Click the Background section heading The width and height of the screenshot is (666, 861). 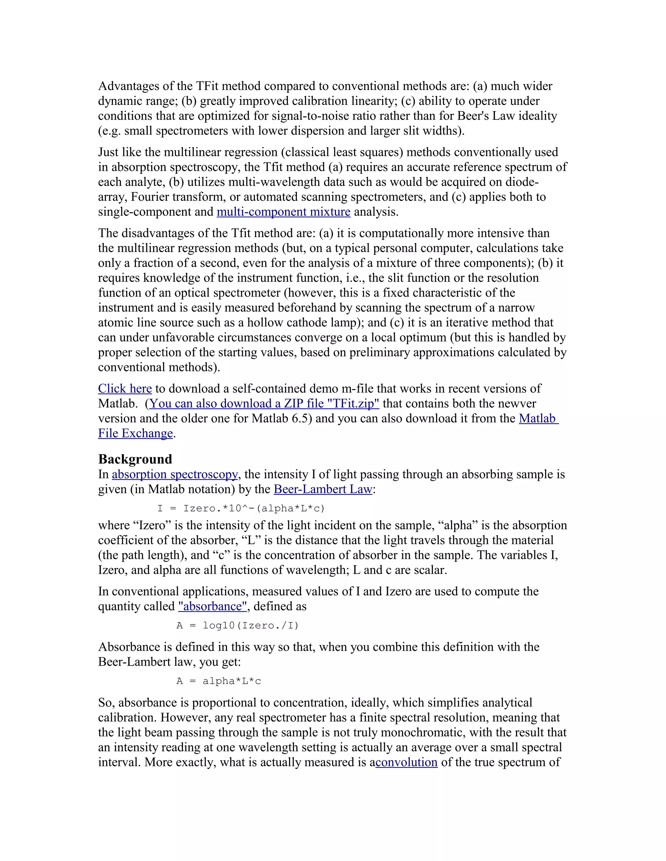135,459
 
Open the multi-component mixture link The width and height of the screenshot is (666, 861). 283,212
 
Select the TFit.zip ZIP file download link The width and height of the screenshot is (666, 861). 264,404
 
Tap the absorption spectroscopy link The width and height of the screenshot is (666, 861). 175,474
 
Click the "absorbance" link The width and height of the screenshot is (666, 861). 213,606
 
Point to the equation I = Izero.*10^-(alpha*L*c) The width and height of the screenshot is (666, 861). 241,508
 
